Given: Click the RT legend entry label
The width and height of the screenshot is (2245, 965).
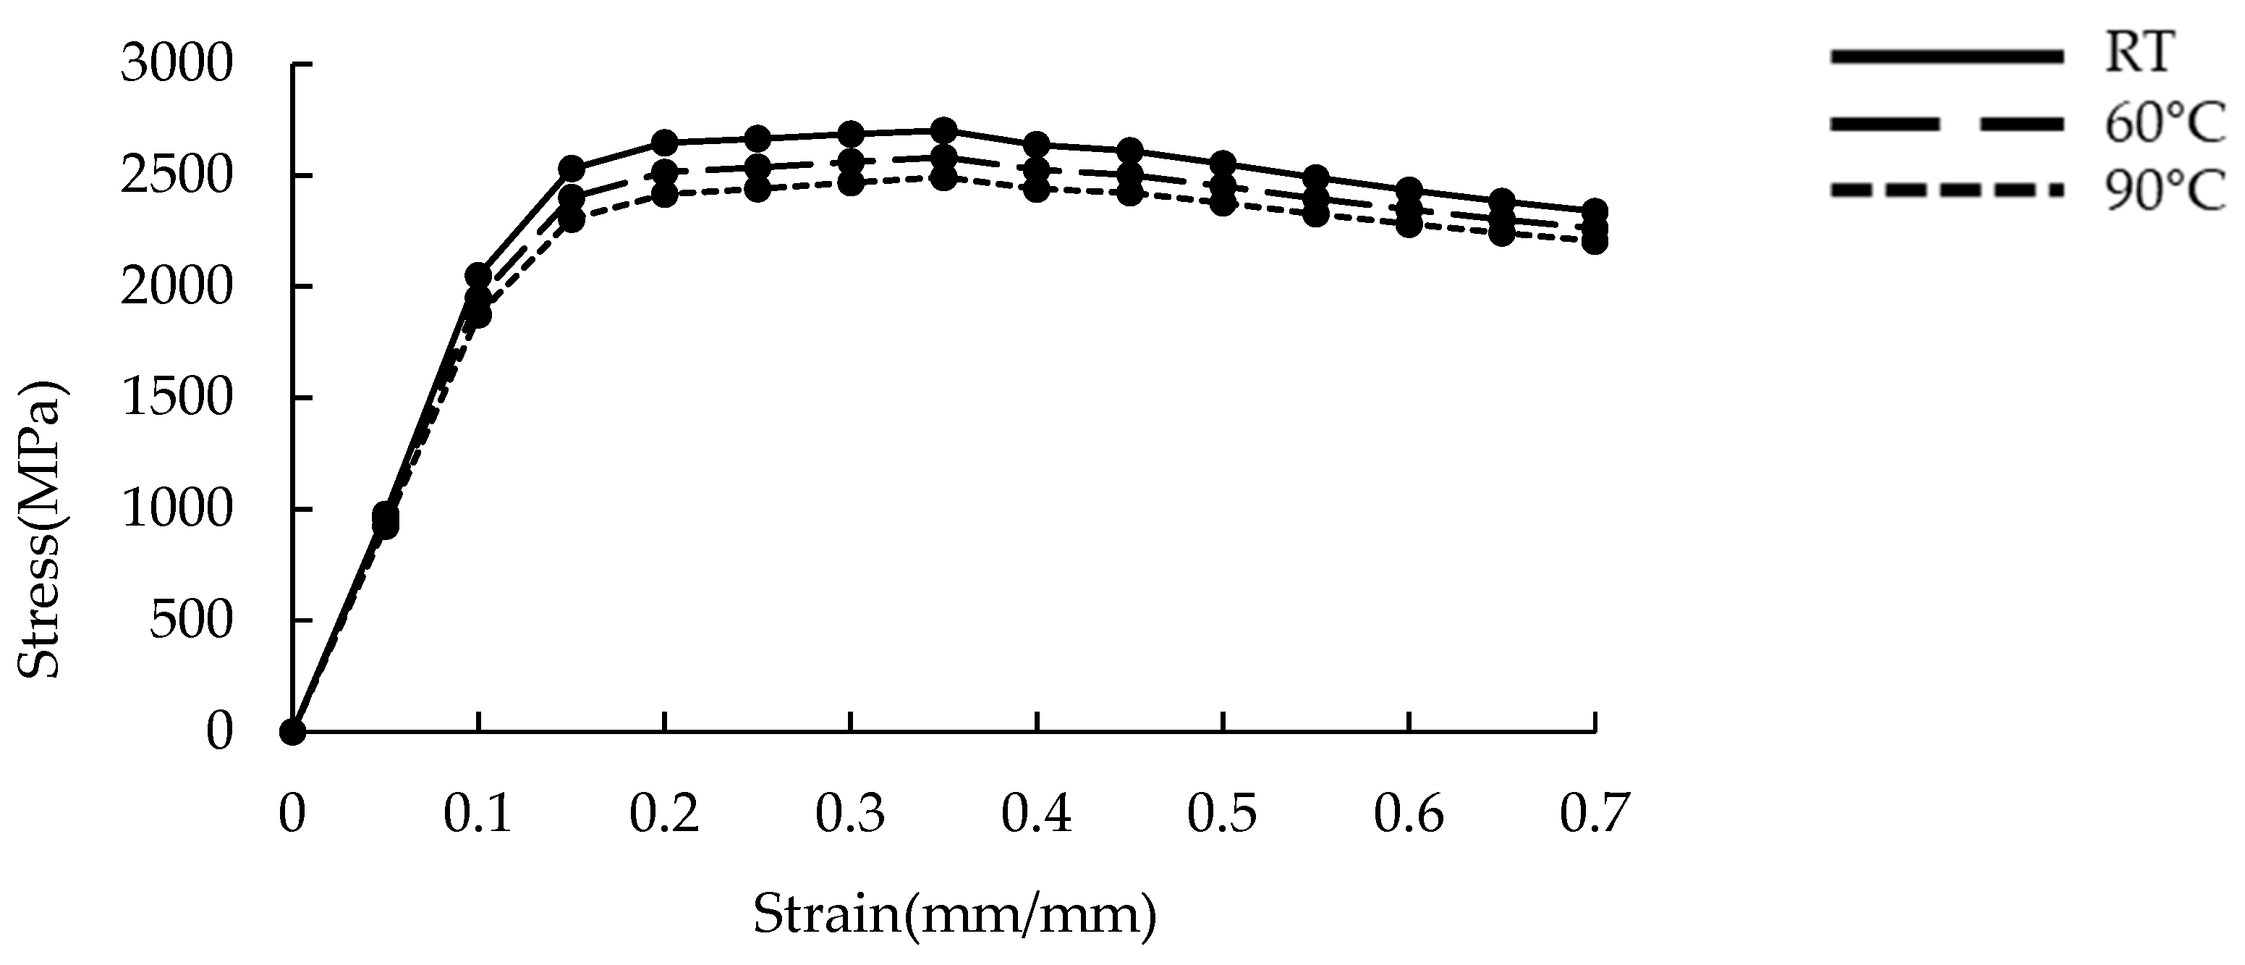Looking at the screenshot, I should click(2134, 54).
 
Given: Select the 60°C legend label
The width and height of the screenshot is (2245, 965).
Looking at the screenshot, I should click(2163, 124).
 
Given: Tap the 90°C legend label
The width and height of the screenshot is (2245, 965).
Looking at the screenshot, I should click(2163, 192).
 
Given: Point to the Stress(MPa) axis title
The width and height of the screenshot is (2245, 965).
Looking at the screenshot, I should click(41, 529).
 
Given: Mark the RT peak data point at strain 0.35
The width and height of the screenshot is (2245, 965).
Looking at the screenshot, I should click(943, 131).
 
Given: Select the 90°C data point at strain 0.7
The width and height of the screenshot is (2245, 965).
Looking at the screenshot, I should click(1595, 242).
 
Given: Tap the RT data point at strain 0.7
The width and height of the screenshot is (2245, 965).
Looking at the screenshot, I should click(1595, 210).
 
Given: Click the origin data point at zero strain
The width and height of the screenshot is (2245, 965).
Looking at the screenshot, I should click(293, 731).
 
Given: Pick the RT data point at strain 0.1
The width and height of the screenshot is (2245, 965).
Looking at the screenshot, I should click(478, 277).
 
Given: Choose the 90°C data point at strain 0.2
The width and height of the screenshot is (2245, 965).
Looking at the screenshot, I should click(664, 195).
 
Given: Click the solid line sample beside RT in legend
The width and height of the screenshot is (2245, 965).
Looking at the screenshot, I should click(1946, 56).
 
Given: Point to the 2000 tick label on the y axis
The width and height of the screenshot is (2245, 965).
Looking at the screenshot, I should click(177, 287).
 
